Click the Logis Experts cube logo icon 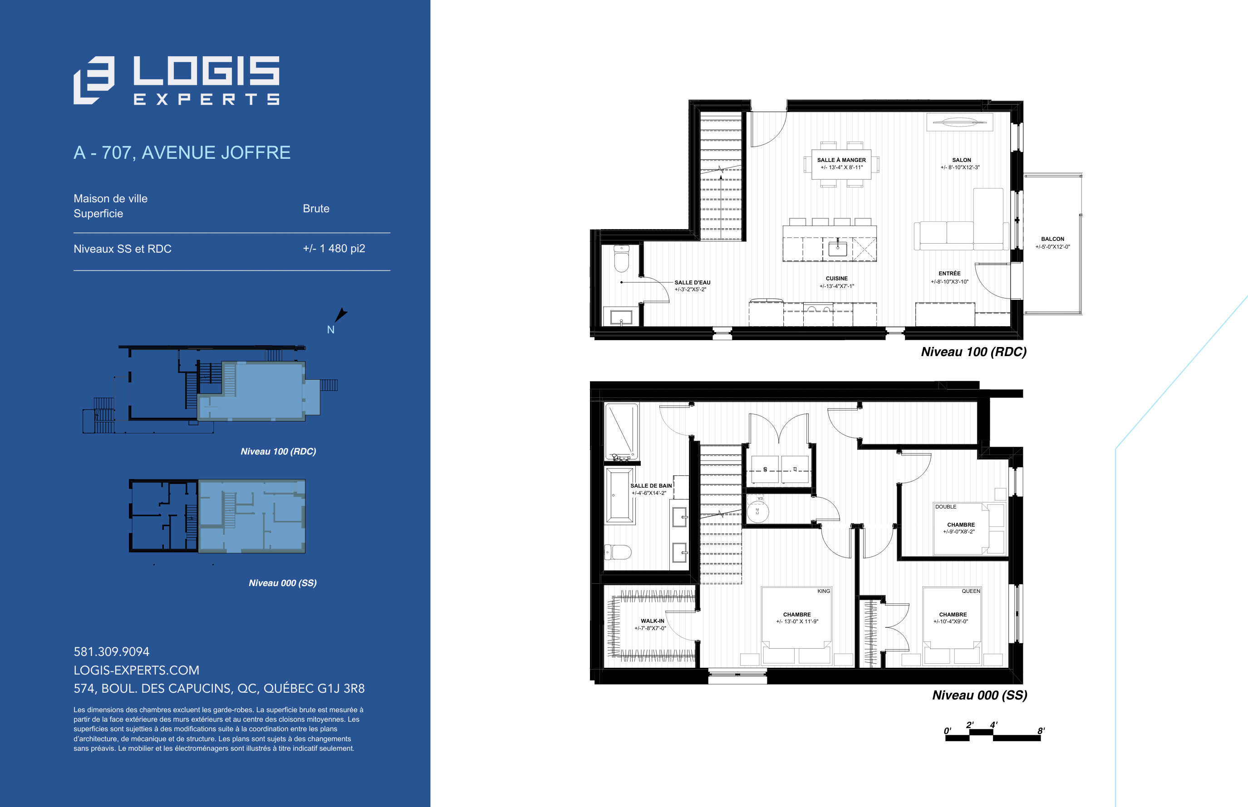point(94,80)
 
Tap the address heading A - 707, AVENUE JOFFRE point(182,152)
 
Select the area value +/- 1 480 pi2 point(334,249)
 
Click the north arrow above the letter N point(341,314)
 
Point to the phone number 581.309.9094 point(111,651)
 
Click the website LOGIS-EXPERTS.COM point(136,670)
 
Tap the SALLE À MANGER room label point(841,160)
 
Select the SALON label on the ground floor point(961,160)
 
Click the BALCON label point(1052,239)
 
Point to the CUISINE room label point(836,278)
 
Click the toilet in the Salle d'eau point(621,258)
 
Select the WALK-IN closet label point(652,621)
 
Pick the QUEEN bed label point(971,591)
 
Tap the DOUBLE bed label point(946,507)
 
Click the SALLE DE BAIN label point(651,486)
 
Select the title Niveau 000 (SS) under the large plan point(980,695)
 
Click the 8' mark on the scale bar point(1041,731)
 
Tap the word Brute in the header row point(316,209)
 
